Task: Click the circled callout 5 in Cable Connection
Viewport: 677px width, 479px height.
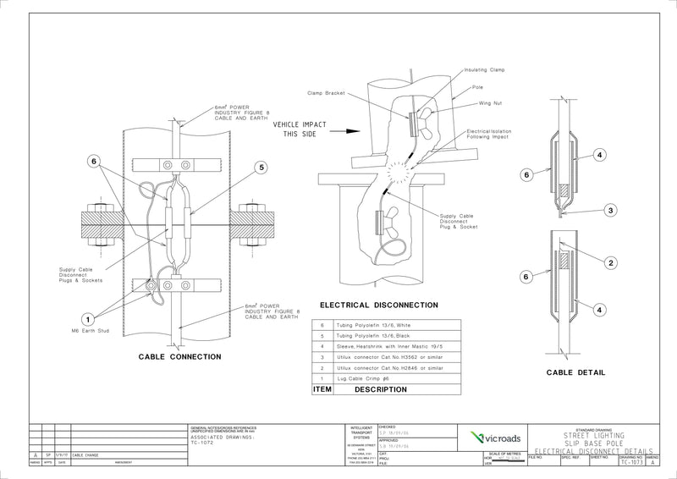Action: point(261,168)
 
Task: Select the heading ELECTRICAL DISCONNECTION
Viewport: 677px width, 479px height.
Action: point(378,305)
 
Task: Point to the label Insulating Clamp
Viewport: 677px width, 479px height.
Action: point(485,70)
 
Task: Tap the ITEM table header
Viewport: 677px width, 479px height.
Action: point(322,392)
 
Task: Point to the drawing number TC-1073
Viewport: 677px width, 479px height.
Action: point(630,463)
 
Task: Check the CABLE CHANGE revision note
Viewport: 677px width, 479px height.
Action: point(86,455)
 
